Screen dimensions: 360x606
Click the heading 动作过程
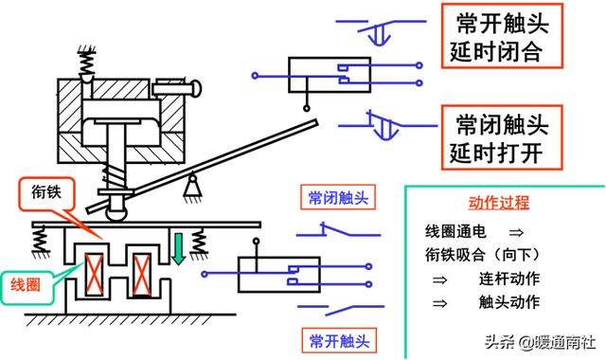click(x=499, y=204)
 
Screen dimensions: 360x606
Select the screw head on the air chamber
click(x=194, y=90)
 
